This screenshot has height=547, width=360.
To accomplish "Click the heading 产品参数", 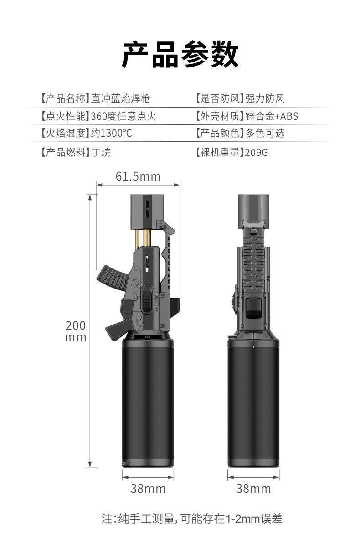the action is (180, 54).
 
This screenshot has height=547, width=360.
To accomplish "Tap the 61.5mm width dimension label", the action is (138, 176).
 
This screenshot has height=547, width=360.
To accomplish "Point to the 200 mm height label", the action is (76, 331).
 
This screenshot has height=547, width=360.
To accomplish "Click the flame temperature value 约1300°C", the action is (112, 133).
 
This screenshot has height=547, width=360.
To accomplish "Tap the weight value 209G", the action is (257, 153).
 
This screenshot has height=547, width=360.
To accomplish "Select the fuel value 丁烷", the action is (101, 153).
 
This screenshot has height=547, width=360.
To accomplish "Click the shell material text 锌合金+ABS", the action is (272, 116).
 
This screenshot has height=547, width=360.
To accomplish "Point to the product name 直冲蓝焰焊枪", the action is (121, 98).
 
